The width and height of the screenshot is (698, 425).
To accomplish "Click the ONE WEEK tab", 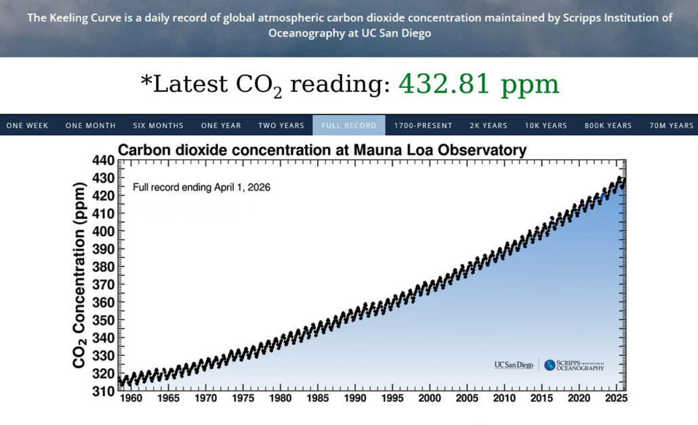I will click(27, 125).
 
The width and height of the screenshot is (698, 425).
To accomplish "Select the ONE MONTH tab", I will click(90, 125).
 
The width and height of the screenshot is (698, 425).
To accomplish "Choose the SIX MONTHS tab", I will click(158, 125).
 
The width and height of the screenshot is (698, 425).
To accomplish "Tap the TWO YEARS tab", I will click(281, 125).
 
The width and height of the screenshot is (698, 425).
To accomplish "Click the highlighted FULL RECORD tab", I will click(349, 125).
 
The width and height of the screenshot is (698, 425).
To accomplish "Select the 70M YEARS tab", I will click(672, 125).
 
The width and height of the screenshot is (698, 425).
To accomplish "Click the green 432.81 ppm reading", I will click(478, 84).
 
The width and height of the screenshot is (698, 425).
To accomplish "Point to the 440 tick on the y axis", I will click(103, 160).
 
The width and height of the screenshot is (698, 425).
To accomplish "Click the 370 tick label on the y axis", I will click(103, 284).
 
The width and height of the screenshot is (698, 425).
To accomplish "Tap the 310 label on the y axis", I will click(103, 390).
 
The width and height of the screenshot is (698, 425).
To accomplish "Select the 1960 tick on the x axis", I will click(131, 399).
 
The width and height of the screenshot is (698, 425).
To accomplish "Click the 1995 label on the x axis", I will click(392, 399).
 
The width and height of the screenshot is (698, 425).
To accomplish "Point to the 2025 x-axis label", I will click(616, 399).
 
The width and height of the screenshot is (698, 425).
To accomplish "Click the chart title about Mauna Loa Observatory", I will click(322, 150).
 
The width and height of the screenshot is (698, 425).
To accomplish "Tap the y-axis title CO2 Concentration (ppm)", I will click(80, 275).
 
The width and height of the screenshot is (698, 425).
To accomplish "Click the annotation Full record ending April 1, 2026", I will click(201, 187).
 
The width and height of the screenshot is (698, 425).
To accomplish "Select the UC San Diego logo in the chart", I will click(514, 365).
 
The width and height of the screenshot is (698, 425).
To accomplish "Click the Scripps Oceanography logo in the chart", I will click(574, 365).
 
